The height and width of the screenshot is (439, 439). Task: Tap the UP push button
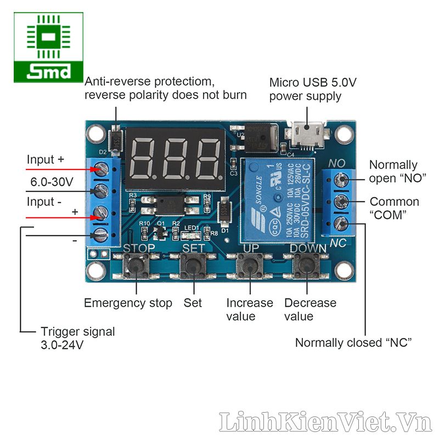click(249, 267)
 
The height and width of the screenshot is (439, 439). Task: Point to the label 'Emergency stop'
click(128, 303)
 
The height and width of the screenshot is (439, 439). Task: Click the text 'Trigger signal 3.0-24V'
click(77, 338)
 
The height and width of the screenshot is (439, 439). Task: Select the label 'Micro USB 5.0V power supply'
click(313, 89)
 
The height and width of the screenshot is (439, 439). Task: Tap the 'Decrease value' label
click(310, 309)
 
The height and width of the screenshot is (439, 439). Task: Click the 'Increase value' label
click(250, 309)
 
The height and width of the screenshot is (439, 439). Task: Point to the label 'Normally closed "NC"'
click(353, 343)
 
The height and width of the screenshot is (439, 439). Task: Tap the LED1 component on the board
click(190, 235)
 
